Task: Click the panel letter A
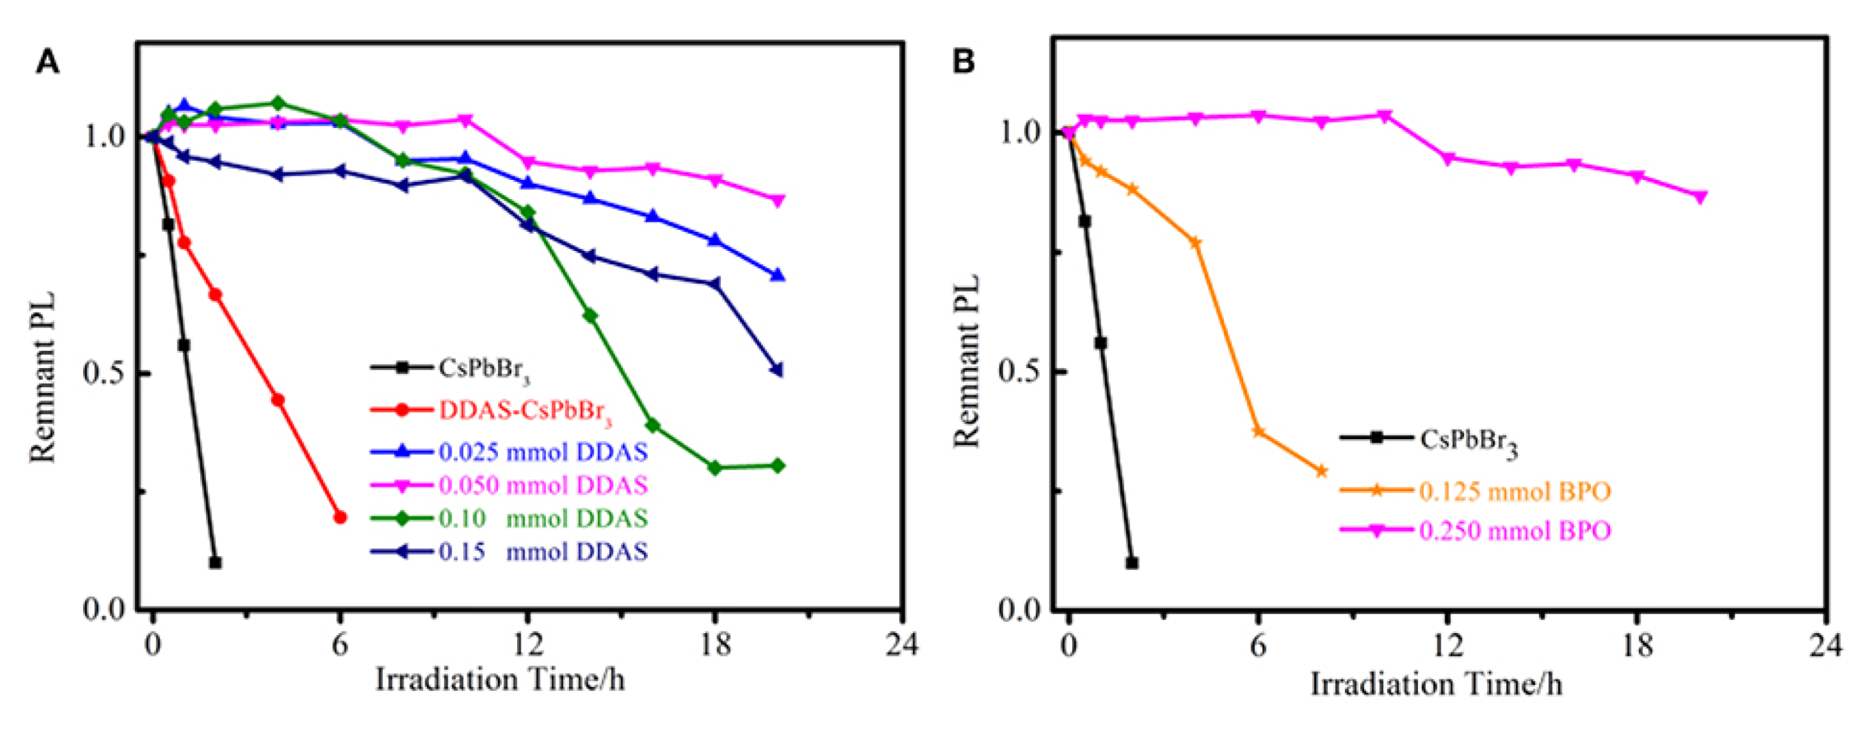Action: tap(47, 62)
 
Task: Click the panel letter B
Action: tap(962, 61)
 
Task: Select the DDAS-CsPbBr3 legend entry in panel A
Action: tap(525, 410)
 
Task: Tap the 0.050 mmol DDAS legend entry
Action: tap(542, 486)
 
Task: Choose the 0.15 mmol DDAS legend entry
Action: tap(542, 552)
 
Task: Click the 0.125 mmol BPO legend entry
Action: tap(1514, 492)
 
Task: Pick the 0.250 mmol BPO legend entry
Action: tap(1514, 531)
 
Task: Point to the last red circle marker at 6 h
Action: tap(340, 517)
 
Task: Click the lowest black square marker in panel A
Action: tap(215, 563)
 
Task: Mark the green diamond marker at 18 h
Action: tap(715, 468)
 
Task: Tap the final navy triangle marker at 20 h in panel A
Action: tap(777, 369)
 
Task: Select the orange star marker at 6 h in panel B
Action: tap(1257, 432)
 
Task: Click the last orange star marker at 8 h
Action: tap(1321, 471)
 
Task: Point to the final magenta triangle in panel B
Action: tap(1700, 197)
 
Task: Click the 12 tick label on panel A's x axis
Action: tap(527, 644)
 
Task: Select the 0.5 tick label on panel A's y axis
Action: tap(103, 372)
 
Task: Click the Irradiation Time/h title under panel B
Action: tap(1436, 684)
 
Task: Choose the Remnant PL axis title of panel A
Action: tap(43, 377)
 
